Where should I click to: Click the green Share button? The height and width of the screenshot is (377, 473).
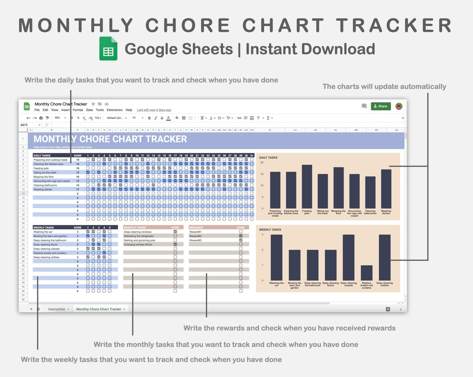coord(381,106)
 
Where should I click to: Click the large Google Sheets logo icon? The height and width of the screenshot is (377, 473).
coord(108,49)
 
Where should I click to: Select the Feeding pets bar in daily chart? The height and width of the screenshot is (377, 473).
coord(307,186)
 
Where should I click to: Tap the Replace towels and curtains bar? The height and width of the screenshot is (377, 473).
coord(366,273)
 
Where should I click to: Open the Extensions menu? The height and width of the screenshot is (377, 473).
coord(114,110)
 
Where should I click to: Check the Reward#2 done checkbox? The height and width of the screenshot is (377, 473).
coord(241,236)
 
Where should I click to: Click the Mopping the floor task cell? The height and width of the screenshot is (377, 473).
coord(44,177)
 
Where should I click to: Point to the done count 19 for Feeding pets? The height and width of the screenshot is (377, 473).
coord(78,168)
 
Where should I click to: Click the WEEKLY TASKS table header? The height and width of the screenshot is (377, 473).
coord(44,228)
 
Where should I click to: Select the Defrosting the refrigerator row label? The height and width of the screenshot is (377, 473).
coord(139,236)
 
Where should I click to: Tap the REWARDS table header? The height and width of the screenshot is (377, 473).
coord(196,228)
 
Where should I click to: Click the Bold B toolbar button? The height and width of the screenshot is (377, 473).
coord(149,118)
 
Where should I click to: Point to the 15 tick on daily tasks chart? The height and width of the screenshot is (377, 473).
coord(262,174)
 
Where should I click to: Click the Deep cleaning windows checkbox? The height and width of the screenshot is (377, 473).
coord(175,232)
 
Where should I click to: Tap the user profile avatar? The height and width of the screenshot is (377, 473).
coord(399,106)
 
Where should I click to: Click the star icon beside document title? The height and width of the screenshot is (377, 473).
coord(93,104)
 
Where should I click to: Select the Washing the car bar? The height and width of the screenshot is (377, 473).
coord(276,258)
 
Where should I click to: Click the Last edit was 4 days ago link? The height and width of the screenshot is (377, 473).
coord(154,110)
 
